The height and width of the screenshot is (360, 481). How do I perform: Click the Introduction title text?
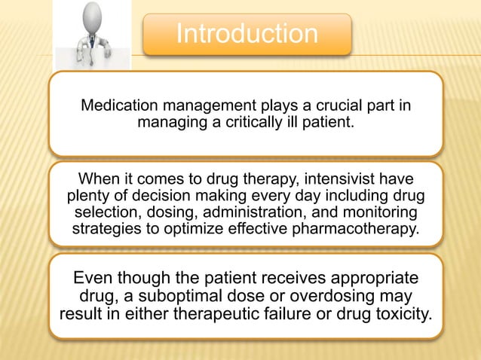pyautogui.click(x=247, y=34)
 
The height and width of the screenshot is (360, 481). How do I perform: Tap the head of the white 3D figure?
pyautogui.click(x=93, y=16)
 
